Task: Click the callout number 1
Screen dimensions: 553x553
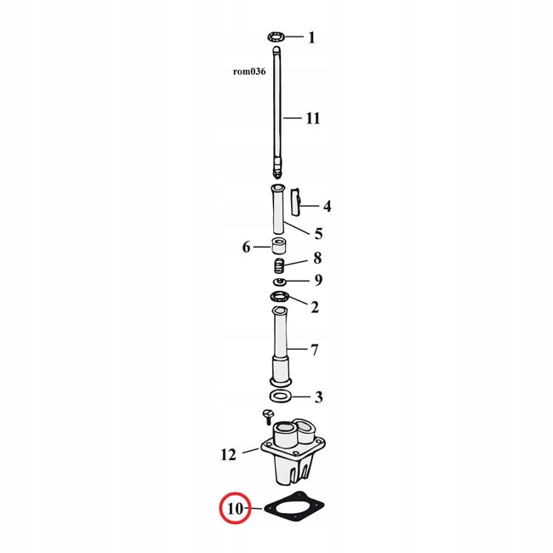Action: pos(311,37)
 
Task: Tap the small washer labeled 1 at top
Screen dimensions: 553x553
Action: pos(276,37)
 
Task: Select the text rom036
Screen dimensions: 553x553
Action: pos(249,71)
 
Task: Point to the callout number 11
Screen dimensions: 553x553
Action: pos(313,118)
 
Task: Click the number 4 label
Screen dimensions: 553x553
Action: pos(328,206)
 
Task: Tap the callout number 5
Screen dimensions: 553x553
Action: pos(318,233)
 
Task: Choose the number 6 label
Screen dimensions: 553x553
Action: pos(246,248)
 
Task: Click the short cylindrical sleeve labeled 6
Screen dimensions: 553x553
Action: pos(279,246)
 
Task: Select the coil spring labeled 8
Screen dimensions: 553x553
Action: pos(279,265)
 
